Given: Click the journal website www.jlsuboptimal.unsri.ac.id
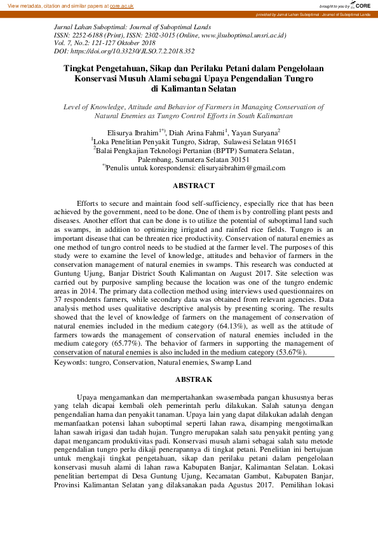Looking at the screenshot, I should tap(246, 36).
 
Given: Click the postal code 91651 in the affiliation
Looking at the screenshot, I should tap(282, 141).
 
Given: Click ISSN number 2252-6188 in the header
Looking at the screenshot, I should tap(88, 36).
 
